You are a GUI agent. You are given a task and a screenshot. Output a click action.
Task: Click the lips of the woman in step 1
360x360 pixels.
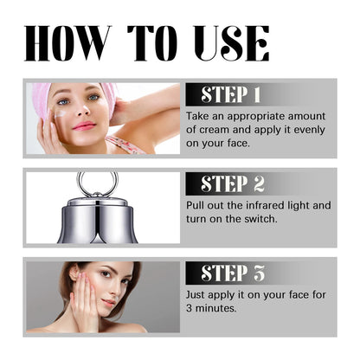click(x=84, y=126)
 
